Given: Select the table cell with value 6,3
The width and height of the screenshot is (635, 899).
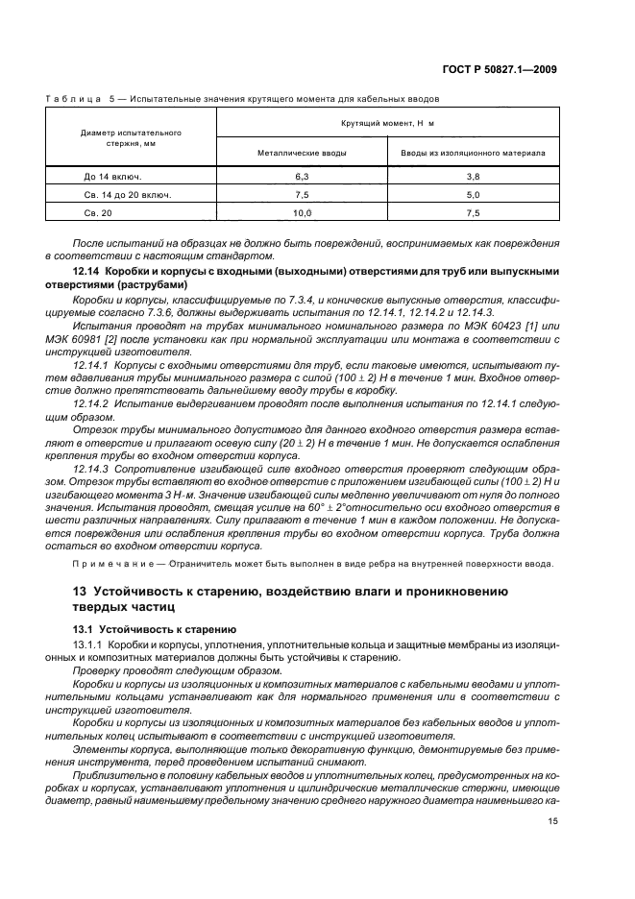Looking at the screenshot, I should tap(302, 177).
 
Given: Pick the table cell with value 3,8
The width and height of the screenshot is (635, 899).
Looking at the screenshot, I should tap(472, 177).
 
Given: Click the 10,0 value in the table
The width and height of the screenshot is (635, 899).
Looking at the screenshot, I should tap(302, 212).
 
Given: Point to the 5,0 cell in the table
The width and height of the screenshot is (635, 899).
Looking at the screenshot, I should tap(472, 194).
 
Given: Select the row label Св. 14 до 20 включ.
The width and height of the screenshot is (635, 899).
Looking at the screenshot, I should tap(128, 194).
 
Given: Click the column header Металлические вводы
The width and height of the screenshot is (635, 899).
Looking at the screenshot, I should tap(302, 152).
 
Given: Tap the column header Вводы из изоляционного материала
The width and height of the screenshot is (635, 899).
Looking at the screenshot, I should tap(472, 152).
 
